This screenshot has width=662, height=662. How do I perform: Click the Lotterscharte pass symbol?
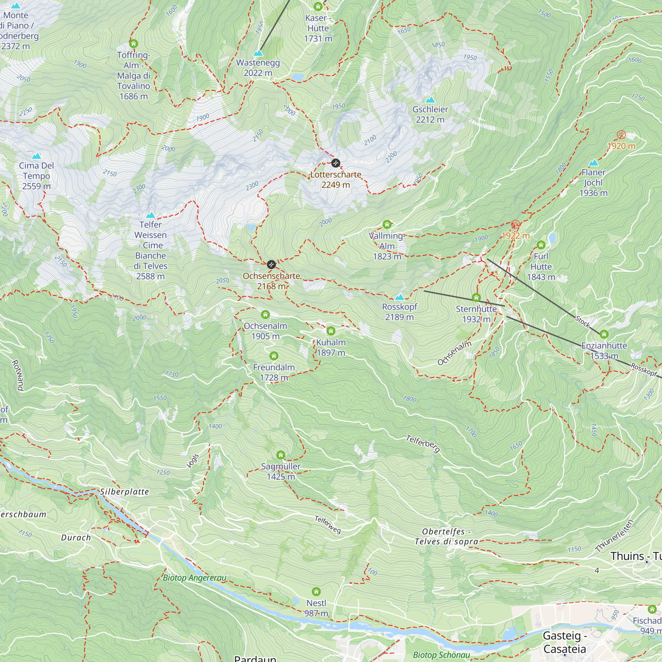click(335, 163)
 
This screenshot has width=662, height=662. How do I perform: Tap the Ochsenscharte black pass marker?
click(271, 264)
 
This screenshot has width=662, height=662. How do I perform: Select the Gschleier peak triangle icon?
click(430, 100)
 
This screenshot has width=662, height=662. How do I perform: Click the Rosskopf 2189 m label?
click(400, 311)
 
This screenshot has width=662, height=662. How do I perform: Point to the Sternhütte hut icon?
click(476, 297)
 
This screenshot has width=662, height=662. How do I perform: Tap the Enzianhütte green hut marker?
click(604, 334)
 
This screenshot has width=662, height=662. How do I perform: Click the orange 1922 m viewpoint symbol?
click(515, 225)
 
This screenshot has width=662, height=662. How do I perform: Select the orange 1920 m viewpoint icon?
click(621, 135)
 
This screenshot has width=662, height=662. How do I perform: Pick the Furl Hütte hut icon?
click(541, 245)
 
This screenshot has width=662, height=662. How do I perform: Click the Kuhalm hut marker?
click(331, 331)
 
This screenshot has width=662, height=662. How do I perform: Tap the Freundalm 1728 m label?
click(274, 372)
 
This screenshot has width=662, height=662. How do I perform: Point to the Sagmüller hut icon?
click(281, 455)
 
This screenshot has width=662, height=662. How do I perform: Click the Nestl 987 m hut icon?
click(316, 591)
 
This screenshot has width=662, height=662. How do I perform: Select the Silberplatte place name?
click(125, 492)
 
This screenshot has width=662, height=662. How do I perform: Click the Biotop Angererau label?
click(194, 578)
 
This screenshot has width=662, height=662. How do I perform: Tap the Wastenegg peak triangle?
click(258, 53)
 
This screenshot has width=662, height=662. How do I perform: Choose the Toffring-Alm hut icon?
click(133, 43)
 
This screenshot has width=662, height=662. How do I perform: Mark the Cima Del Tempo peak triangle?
click(36, 156)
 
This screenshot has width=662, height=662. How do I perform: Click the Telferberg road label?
click(423, 444)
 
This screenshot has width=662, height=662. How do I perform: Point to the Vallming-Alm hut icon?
click(387, 224)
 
